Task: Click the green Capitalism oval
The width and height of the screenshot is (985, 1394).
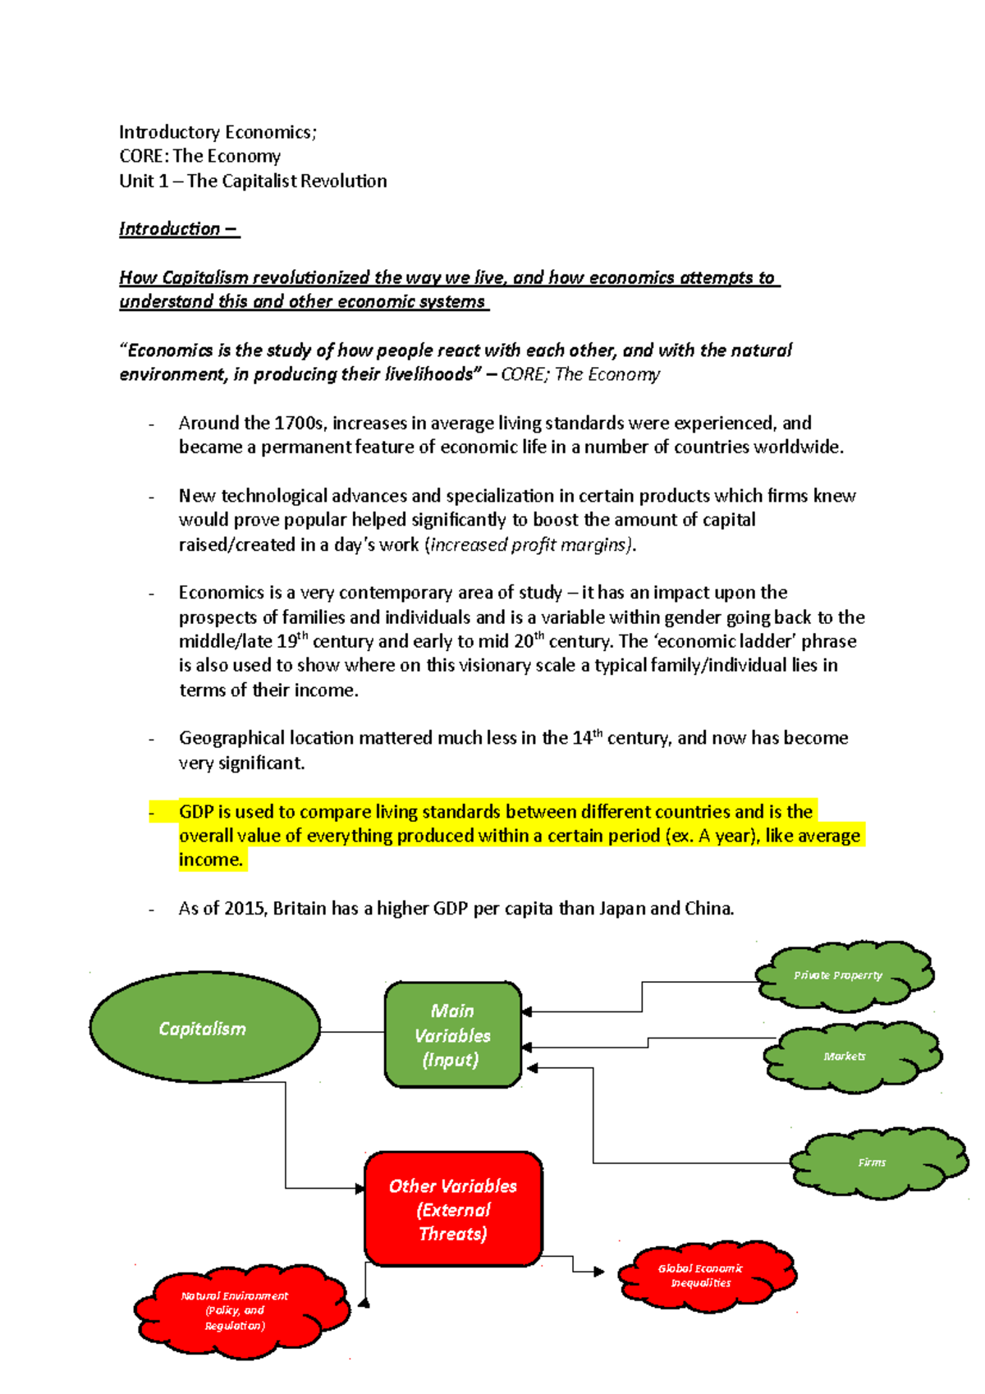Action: coord(204,1028)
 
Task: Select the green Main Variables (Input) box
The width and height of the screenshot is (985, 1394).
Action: coord(452,1034)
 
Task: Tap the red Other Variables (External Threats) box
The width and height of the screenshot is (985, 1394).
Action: coord(453,1208)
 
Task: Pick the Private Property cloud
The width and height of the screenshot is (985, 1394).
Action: coord(843,975)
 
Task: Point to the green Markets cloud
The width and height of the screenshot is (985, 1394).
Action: coord(851,1056)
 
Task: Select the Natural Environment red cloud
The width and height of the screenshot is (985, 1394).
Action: coord(239,1310)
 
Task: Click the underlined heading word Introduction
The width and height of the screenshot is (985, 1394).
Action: coord(170,229)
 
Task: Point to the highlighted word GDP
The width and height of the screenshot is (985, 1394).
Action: coord(196,812)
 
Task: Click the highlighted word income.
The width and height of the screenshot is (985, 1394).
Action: coord(210,860)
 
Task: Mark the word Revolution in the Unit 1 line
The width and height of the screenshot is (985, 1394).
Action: coord(344,181)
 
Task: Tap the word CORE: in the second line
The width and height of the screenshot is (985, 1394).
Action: coord(144,156)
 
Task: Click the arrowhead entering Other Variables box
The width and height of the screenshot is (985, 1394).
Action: coord(360,1188)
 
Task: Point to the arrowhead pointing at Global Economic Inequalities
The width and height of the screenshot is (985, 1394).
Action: coord(599,1272)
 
